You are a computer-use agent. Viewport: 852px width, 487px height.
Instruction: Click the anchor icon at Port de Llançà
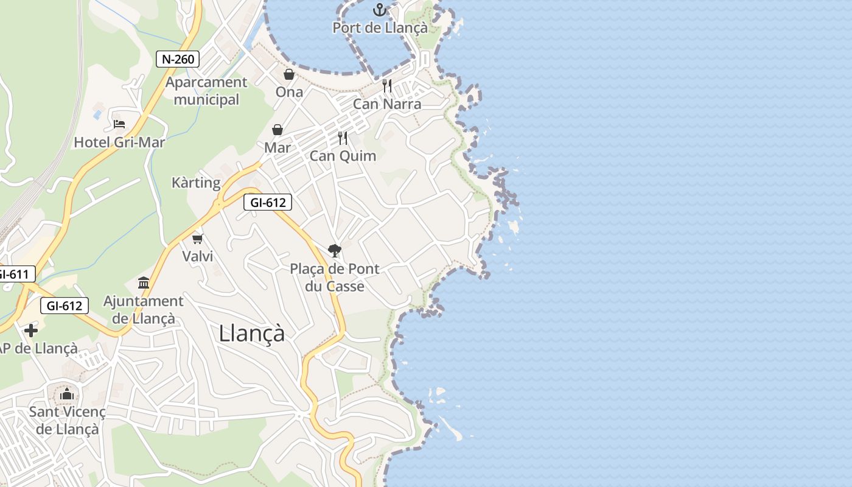tap(380, 10)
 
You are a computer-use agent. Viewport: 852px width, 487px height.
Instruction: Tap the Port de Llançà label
tap(380, 28)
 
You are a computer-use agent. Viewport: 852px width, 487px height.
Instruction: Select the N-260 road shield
tap(178, 59)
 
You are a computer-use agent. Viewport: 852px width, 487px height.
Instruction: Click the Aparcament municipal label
tap(206, 91)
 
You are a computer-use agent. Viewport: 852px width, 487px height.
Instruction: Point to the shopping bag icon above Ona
tap(289, 74)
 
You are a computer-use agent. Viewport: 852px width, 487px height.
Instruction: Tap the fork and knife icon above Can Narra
tap(387, 86)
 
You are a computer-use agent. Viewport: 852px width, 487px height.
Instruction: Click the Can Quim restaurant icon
tap(343, 138)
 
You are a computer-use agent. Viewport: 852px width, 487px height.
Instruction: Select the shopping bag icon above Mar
tap(278, 130)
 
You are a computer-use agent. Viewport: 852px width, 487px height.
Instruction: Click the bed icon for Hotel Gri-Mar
tap(119, 124)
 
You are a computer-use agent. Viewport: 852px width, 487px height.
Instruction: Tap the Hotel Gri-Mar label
tap(119, 142)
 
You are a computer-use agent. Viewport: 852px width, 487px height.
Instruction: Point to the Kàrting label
tap(196, 183)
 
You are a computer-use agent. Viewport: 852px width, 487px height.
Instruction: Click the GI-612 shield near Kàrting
tap(268, 203)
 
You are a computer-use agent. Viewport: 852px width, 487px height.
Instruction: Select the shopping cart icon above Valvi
tap(197, 239)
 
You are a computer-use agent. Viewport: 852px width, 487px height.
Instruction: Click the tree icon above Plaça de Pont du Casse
tap(334, 250)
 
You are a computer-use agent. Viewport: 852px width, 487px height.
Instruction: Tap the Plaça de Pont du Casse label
tap(334, 278)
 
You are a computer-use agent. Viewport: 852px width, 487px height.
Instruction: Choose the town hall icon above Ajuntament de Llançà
tap(144, 282)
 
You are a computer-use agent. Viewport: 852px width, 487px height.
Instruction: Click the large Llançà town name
tap(251, 333)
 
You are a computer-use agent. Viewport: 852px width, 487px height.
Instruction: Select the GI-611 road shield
tap(13, 275)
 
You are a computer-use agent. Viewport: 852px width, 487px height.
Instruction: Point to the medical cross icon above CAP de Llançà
tap(31, 331)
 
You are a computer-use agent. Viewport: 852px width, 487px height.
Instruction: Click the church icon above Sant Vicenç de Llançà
tap(67, 394)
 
